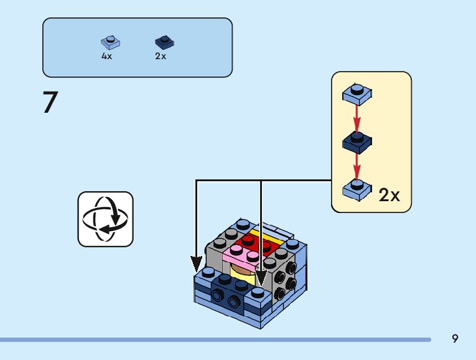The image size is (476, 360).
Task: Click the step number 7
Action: [50, 103]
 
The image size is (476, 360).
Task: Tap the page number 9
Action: [455, 339]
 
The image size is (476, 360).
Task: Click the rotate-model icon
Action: [105, 219]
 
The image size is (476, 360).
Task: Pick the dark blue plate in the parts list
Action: [164, 42]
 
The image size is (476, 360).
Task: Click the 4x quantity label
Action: [107, 56]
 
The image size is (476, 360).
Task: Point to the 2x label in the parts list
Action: [161, 56]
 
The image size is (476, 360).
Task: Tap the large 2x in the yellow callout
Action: [390, 195]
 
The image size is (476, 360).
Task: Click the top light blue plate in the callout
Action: [357, 93]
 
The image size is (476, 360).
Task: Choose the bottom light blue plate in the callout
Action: [357, 189]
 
